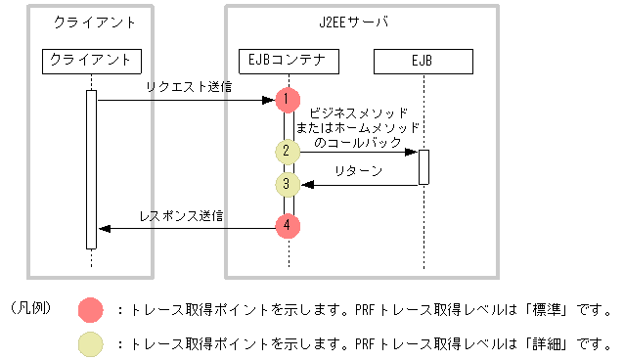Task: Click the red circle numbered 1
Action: (287, 99)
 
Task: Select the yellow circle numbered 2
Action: (287, 152)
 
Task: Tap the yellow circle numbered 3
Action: (287, 183)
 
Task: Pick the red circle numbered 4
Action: (287, 227)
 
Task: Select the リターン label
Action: (358, 170)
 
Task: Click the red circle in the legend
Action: (92, 311)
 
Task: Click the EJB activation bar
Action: (423, 166)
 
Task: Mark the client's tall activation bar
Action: (91, 168)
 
